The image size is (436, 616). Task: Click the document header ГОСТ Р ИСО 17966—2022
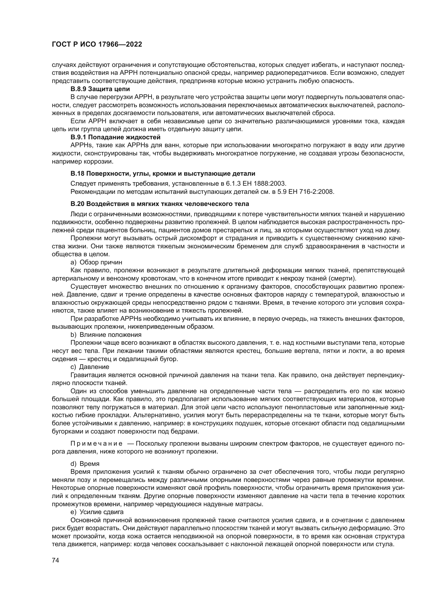(x=97, y=44)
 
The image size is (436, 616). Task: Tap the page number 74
(x=55, y=560)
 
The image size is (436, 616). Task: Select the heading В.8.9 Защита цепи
(x=100, y=89)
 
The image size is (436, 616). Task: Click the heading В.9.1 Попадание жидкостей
(x=115, y=137)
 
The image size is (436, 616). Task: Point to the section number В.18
(x=77, y=174)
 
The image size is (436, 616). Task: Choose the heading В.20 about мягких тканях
(x=160, y=204)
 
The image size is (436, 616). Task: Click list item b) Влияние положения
(x=106, y=335)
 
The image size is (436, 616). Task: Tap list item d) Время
(x=85, y=464)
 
